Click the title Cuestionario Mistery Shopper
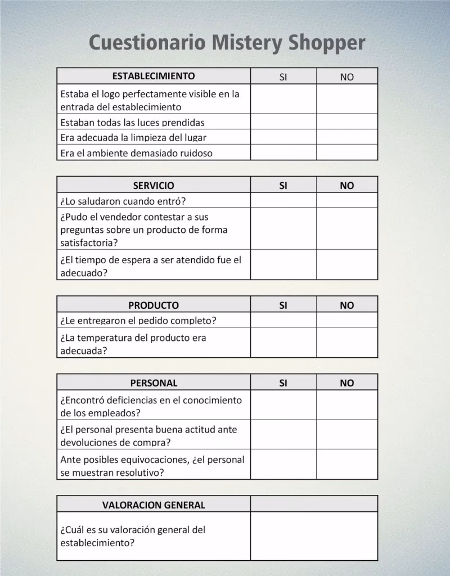[227, 43]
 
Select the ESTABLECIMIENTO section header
[154, 76]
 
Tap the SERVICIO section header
[154, 185]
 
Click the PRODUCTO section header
[154, 305]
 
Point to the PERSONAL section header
[154, 383]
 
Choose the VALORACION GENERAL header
[154, 505]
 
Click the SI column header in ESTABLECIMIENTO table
[283, 77]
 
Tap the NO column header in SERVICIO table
[347, 186]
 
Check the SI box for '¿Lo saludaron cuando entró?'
[283, 200]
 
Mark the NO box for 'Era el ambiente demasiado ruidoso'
[347, 152]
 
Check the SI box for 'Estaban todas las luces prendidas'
[283, 121]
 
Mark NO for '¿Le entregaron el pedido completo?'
[347, 320]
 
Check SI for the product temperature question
[283, 343]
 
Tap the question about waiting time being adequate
[150, 266]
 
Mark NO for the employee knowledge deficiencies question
[347, 406]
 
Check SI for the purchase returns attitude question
[283, 435]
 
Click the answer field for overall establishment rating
[314, 535]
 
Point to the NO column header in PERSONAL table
[347, 384]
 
